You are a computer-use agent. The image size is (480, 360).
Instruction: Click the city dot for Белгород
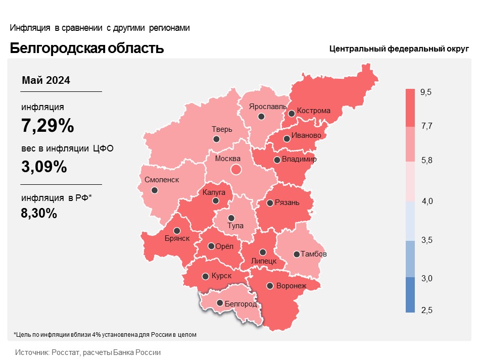tap(220, 303)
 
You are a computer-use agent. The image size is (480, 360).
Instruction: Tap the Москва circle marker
tap(235, 170)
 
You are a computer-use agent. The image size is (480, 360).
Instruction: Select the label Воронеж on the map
tap(292, 286)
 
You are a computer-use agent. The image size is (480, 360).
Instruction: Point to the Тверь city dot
tap(217, 139)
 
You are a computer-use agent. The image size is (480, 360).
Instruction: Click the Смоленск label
tap(162, 180)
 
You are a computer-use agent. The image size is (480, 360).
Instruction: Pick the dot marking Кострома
tap(291, 114)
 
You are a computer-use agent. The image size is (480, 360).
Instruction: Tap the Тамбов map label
tap(313, 253)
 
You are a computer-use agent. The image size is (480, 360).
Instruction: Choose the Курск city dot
tap(206, 276)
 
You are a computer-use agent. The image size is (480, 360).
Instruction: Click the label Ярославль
tap(268, 107)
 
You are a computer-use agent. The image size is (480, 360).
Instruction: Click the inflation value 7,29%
tap(47, 126)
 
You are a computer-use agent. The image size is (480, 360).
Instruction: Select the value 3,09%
tap(44, 167)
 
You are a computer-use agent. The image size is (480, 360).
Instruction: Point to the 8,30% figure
tap(39, 213)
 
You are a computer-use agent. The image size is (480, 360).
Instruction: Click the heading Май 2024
tap(46, 80)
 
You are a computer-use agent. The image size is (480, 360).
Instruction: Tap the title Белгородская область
tap(87, 48)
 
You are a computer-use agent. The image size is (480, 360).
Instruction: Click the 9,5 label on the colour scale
tap(426, 92)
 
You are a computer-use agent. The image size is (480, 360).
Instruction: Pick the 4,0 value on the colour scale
tap(427, 201)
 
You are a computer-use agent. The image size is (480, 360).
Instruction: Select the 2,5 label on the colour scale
tap(426, 310)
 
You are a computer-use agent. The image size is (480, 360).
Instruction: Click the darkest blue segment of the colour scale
tap(410, 295)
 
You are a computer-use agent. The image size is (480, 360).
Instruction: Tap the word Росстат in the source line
tap(64, 352)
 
